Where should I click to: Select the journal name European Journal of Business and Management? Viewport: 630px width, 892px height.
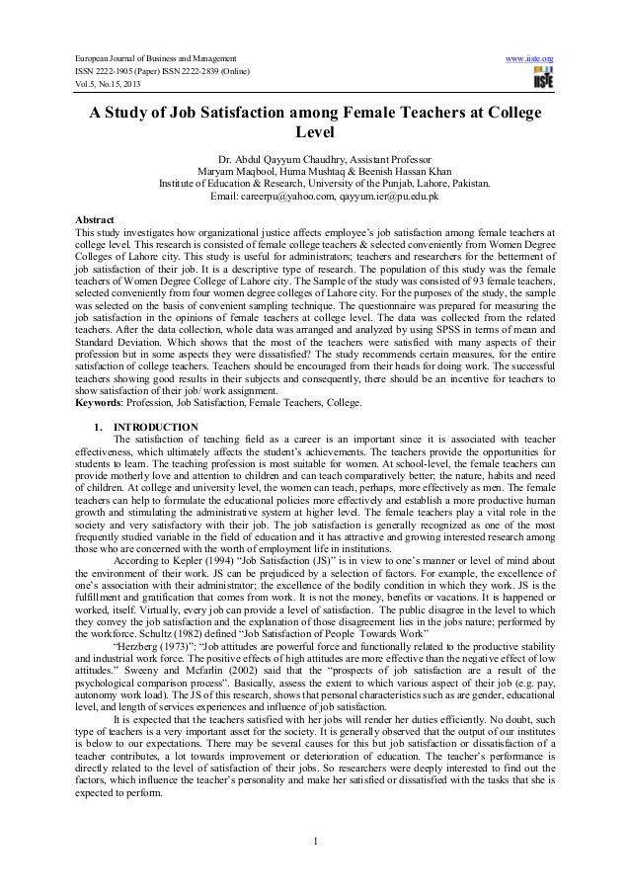[x=144, y=61]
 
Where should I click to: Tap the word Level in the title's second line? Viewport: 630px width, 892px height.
[x=316, y=135]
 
